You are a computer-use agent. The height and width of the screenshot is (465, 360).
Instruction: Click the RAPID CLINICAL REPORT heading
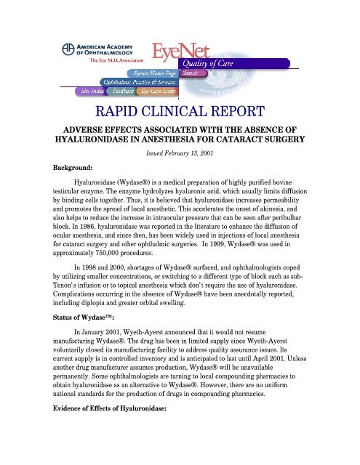[x=180, y=113]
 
